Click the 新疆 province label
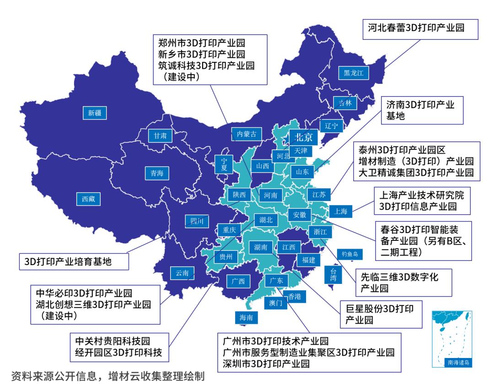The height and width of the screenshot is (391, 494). pyautogui.click(x=95, y=113)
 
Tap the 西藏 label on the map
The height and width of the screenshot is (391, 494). pyautogui.click(x=88, y=199)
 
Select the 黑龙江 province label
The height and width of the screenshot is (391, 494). pyautogui.click(x=353, y=73)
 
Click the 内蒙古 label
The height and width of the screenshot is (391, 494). pyautogui.click(x=247, y=134)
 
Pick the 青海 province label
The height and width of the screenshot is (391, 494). pyautogui.click(x=154, y=173)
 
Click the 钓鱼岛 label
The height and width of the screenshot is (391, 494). pyautogui.click(x=349, y=253)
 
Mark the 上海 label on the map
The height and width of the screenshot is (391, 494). pyautogui.click(x=341, y=211)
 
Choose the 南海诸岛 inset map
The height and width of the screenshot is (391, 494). pyautogui.click(x=452, y=339)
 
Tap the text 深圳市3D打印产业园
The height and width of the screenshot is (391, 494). pyautogui.click(x=266, y=364)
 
